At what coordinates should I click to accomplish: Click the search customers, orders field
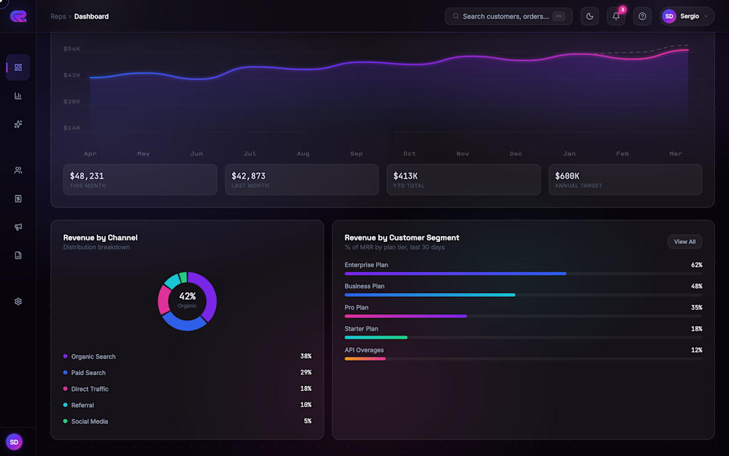(x=507, y=17)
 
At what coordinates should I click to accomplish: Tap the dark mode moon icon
(x=590, y=17)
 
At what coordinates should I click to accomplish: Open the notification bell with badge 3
(x=616, y=17)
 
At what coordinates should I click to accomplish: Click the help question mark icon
(x=642, y=17)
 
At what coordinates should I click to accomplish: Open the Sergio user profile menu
(x=687, y=17)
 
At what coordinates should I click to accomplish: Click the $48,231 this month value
(x=87, y=176)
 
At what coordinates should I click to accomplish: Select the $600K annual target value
(x=567, y=176)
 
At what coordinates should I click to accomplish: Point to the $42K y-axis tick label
(x=72, y=76)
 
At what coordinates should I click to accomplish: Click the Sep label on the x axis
(x=357, y=154)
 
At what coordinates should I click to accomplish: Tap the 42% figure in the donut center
(x=188, y=296)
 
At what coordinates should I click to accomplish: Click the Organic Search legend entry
(x=93, y=357)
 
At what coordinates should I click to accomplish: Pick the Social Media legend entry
(x=89, y=422)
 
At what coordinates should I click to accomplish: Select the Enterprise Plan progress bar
(x=455, y=273)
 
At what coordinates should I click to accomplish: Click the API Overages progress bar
(x=365, y=359)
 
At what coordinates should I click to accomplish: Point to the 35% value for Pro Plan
(x=696, y=308)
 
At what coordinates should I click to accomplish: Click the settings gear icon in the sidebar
(x=18, y=302)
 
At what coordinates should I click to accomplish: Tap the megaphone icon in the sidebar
(x=18, y=227)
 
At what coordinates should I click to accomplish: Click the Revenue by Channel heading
(x=100, y=237)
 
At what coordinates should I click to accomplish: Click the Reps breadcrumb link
(x=58, y=17)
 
